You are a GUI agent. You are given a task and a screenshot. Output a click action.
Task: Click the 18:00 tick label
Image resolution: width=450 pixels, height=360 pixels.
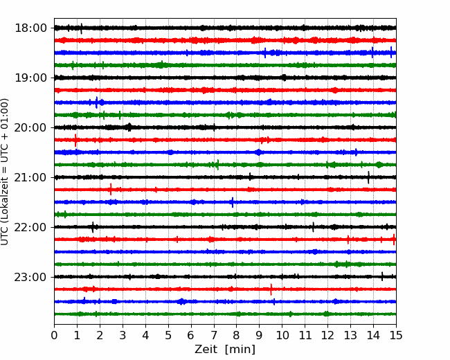tap(30, 28)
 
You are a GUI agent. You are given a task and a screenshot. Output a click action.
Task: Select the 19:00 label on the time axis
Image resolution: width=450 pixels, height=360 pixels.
tap(30, 78)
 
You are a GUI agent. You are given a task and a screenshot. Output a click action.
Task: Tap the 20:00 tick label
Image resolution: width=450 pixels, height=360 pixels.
tap(30, 127)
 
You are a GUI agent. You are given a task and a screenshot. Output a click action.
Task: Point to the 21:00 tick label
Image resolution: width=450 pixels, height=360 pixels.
tap(30, 177)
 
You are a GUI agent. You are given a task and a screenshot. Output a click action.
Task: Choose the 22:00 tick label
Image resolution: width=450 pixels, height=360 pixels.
tap(30, 227)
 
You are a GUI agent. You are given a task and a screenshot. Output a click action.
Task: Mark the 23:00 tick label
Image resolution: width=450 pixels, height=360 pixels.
tap(30, 277)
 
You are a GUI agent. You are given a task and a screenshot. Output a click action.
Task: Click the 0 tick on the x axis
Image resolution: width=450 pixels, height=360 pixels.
tap(54, 335)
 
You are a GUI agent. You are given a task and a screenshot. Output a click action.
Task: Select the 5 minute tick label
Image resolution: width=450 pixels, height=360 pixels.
tap(168, 335)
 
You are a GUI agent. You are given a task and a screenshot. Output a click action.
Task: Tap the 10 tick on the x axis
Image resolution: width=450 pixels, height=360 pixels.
tap(282, 335)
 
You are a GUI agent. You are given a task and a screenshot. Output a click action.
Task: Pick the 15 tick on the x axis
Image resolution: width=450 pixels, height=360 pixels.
tap(396, 335)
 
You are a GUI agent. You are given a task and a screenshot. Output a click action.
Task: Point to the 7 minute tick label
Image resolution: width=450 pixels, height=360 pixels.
tap(214, 335)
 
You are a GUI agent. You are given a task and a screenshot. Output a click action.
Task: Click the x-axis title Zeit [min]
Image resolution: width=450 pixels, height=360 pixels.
tap(225, 350)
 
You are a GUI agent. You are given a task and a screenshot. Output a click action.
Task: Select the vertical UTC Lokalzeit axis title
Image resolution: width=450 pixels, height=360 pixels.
tap(5, 172)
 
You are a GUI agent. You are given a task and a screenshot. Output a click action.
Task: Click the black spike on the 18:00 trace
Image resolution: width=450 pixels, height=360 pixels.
tap(82, 28)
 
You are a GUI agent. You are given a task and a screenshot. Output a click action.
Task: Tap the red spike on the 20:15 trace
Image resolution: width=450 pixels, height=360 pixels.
tap(75, 141)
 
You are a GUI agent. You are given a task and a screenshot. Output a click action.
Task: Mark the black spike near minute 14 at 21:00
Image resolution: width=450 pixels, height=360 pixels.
tap(368, 177)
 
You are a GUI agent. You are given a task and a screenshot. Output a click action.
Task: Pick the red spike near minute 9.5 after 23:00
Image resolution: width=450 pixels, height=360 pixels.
tap(271, 289)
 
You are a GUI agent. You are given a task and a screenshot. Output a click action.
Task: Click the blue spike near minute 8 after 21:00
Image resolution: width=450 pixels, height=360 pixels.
tap(233, 202)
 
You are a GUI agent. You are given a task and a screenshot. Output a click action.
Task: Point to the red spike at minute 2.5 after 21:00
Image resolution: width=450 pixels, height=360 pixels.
tap(111, 189)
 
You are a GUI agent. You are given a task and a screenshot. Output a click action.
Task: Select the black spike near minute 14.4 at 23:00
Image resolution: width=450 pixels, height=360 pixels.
tap(382, 276)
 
